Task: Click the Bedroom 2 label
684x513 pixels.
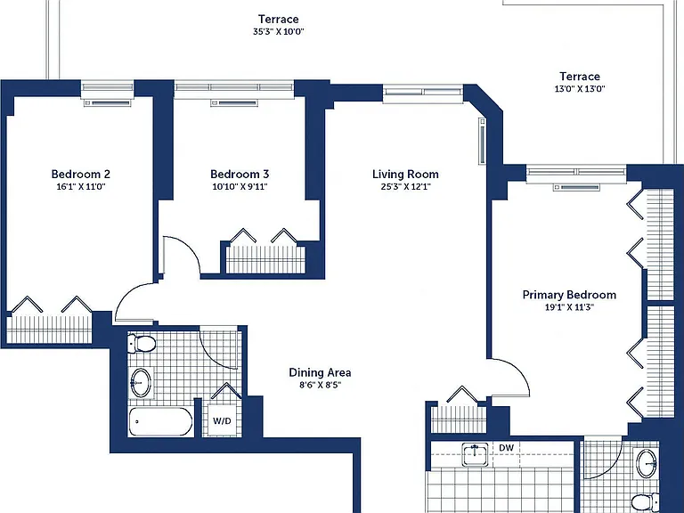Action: click(81, 174)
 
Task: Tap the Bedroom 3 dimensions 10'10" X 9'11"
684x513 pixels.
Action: click(240, 187)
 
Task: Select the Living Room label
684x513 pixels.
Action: click(405, 174)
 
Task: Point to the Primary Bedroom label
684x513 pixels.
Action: click(569, 295)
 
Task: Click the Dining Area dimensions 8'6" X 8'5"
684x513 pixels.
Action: click(320, 385)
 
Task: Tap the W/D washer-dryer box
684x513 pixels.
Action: click(222, 421)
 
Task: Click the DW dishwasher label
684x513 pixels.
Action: click(506, 448)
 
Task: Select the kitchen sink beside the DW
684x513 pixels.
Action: click(475, 454)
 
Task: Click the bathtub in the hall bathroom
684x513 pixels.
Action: click(160, 422)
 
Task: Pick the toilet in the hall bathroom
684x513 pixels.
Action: click(142, 343)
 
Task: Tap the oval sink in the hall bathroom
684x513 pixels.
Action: click(141, 383)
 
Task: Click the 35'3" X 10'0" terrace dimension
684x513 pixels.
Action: click(278, 31)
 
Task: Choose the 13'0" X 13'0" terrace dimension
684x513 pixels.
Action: click(580, 89)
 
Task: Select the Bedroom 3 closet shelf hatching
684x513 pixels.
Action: click(265, 259)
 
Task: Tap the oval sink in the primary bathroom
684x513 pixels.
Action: click(647, 463)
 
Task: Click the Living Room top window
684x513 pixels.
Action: click(423, 93)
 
